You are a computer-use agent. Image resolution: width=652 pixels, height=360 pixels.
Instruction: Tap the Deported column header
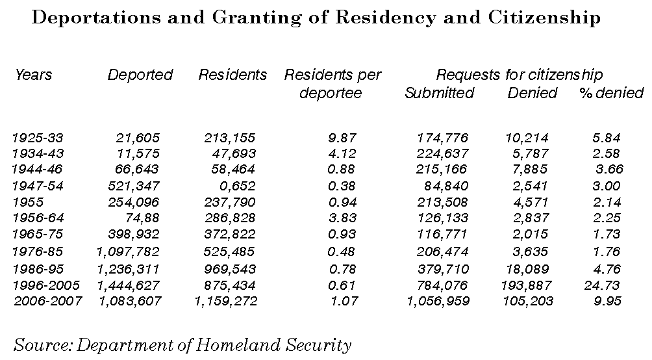point(140,75)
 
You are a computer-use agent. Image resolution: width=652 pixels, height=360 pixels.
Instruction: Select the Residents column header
point(232,75)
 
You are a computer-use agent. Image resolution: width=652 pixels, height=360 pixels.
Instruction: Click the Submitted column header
point(439,92)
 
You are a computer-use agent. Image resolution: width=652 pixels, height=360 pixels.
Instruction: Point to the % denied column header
point(611,92)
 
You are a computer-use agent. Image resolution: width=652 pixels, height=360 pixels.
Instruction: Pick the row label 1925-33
point(37,138)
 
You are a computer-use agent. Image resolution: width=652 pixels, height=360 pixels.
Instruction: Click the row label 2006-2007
point(48,301)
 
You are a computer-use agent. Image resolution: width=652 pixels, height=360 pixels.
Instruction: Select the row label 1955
point(28,202)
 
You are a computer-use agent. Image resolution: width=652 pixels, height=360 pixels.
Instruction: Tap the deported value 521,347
point(134,186)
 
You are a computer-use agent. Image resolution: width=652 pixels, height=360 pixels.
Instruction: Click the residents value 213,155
point(229,138)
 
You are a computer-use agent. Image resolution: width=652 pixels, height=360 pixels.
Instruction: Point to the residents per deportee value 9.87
point(342,138)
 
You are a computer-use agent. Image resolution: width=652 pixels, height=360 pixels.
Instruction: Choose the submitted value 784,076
point(442,285)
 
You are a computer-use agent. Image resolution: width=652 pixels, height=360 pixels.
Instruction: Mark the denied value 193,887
point(527,285)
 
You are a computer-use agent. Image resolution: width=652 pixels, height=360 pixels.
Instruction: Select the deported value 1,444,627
point(128,285)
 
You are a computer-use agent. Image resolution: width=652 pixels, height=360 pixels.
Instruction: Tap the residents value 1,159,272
point(226,301)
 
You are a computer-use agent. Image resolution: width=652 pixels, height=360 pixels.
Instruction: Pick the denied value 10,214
point(527,138)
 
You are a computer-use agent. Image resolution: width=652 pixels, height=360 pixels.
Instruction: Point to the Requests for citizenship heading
point(519,75)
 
